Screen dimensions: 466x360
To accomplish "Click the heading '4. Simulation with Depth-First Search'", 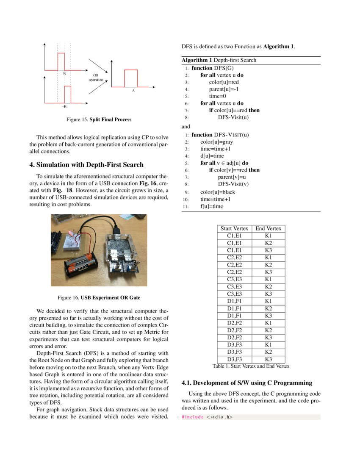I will coord(86,165).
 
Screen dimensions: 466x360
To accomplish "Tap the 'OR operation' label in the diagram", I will coord(96,78).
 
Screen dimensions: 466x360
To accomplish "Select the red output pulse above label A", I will coord(131,78).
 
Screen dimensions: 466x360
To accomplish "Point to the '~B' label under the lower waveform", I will coord(64,107).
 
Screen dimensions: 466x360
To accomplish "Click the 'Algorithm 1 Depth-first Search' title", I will coord(219,60).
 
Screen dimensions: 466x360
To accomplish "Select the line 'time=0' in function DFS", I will coord(218,96).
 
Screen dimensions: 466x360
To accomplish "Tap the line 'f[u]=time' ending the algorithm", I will coord(212,206).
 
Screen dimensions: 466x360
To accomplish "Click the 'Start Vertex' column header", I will coord(234,228).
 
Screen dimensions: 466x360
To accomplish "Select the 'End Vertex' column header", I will coord(268,228).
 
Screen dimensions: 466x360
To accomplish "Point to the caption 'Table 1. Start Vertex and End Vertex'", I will coord(251,366).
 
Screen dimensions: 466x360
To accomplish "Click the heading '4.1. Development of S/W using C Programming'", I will coord(246,383).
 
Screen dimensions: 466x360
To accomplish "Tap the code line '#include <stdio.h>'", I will coord(208,417).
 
